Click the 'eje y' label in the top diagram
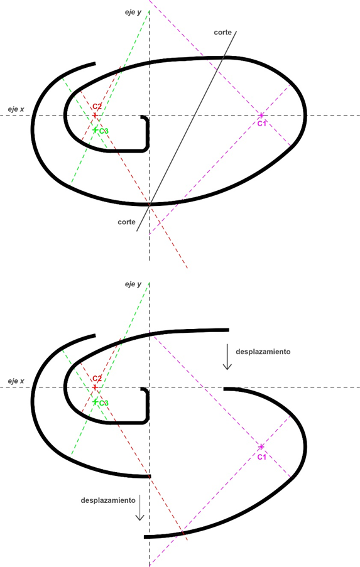point(133,13)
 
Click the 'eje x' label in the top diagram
point(16,109)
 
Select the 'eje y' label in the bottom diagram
point(133,284)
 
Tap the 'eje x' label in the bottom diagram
point(16,381)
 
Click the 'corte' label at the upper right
point(222,32)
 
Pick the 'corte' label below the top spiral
point(127,222)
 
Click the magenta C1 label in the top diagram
point(261,124)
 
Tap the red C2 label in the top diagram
point(97,107)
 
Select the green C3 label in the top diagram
point(104,131)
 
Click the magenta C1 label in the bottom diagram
point(261,457)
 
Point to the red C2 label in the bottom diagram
point(97,379)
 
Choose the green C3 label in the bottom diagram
point(104,403)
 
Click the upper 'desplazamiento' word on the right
point(263,352)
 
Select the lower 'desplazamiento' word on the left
point(108,500)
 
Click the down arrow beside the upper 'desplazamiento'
point(227,357)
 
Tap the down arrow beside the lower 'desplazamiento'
point(140,508)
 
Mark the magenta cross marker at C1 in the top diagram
point(261,116)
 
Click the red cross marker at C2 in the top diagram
point(95,116)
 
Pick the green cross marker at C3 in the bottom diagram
point(95,402)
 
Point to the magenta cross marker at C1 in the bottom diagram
point(261,447)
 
